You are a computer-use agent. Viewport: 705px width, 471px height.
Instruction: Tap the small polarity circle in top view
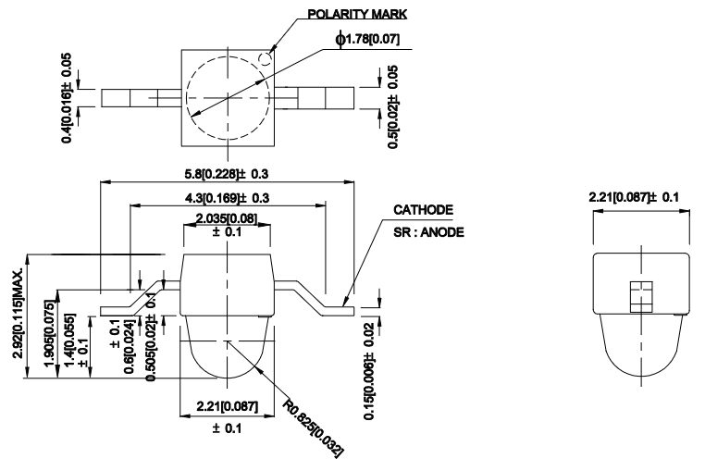point(266,59)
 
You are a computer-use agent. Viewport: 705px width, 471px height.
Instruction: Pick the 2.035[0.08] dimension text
point(227,218)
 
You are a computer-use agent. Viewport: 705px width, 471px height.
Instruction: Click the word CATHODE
point(423,210)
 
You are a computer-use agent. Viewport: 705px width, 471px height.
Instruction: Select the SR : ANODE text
point(428,231)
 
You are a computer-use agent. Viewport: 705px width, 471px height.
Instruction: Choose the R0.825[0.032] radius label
point(314,428)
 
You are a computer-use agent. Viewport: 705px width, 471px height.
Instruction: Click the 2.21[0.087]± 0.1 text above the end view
point(639,197)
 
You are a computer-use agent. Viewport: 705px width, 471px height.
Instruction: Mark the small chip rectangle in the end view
point(639,296)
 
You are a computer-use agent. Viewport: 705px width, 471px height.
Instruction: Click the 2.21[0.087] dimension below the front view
point(227,408)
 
